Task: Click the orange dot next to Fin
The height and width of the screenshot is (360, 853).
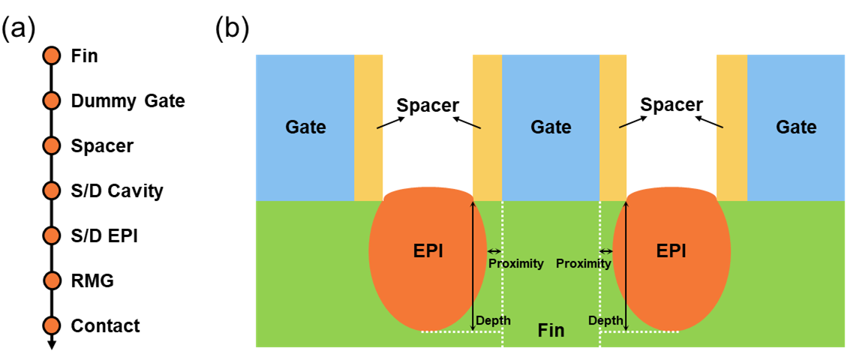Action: (51, 55)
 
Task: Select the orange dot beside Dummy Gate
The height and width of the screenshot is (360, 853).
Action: (51, 100)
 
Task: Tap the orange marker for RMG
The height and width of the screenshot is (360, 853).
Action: (51, 280)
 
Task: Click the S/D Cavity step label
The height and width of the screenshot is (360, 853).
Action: (117, 191)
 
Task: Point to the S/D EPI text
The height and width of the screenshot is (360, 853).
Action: (104, 236)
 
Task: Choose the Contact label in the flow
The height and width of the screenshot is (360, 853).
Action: (106, 325)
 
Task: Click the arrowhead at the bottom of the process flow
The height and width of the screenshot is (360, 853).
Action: (51, 344)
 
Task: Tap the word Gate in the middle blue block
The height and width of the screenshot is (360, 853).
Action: (551, 127)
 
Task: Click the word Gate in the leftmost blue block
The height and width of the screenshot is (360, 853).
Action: (305, 127)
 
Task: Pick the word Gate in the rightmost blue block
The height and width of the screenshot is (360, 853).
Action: (796, 127)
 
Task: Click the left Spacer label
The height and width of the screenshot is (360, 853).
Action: (427, 105)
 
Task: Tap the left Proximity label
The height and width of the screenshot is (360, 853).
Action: (515, 264)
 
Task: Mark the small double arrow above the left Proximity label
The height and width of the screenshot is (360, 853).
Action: (494, 251)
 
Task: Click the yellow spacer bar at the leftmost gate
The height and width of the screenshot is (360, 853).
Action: (368, 127)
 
